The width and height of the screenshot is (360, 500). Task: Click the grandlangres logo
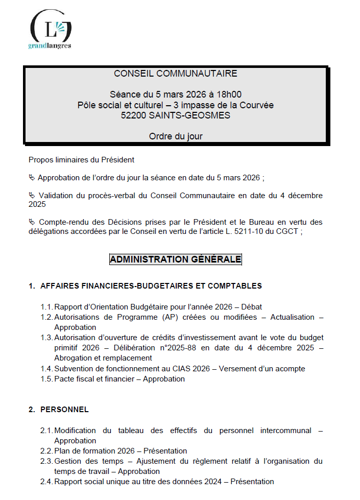(50, 30)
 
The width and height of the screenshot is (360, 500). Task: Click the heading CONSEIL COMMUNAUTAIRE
(176, 74)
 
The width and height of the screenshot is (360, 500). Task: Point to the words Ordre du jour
(175, 136)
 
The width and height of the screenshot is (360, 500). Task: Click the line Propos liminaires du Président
(81, 160)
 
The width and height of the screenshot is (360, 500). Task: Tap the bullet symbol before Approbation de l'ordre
(32, 178)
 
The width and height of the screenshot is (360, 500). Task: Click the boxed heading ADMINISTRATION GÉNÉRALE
(175, 259)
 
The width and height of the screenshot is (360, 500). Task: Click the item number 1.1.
(46, 307)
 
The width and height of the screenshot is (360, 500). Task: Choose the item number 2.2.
(46, 451)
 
